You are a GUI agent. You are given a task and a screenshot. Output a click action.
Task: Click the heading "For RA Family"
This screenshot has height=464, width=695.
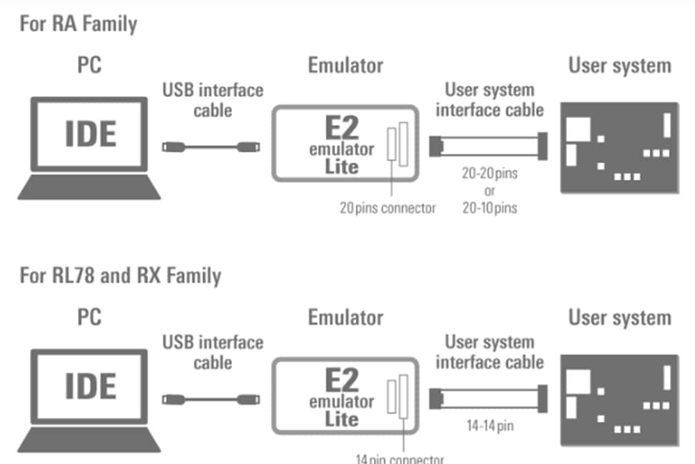[78, 24]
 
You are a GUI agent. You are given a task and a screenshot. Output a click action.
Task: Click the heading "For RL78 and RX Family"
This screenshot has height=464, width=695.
[120, 276]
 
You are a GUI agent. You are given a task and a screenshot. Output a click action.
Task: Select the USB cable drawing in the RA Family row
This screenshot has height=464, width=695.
[211, 147]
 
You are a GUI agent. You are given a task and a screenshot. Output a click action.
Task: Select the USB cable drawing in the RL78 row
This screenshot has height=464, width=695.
[211, 399]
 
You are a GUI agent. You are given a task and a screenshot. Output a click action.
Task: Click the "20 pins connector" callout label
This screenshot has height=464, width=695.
[387, 207]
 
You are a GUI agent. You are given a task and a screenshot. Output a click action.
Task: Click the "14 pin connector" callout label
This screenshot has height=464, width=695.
[399, 458]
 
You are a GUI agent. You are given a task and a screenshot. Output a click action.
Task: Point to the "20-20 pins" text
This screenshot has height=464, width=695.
[489, 174]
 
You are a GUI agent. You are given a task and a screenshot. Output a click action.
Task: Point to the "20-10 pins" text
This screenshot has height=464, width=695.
[489, 207]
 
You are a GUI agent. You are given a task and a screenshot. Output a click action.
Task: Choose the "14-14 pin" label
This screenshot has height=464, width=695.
[489, 426]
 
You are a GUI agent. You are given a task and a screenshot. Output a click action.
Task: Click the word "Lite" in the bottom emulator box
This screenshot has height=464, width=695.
[341, 419]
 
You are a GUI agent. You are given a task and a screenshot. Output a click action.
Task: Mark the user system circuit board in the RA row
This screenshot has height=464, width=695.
[619, 147]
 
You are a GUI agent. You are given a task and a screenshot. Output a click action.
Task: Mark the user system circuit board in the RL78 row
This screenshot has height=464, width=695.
[619, 399]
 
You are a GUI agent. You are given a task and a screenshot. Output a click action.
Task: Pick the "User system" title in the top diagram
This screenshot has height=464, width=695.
[619, 66]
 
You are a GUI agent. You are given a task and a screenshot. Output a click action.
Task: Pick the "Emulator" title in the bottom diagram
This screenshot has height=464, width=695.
[345, 318]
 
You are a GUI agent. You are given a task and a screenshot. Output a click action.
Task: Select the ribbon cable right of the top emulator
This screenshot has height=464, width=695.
[489, 147]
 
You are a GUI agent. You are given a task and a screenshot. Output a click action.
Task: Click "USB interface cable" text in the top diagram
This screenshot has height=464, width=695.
[213, 100]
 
